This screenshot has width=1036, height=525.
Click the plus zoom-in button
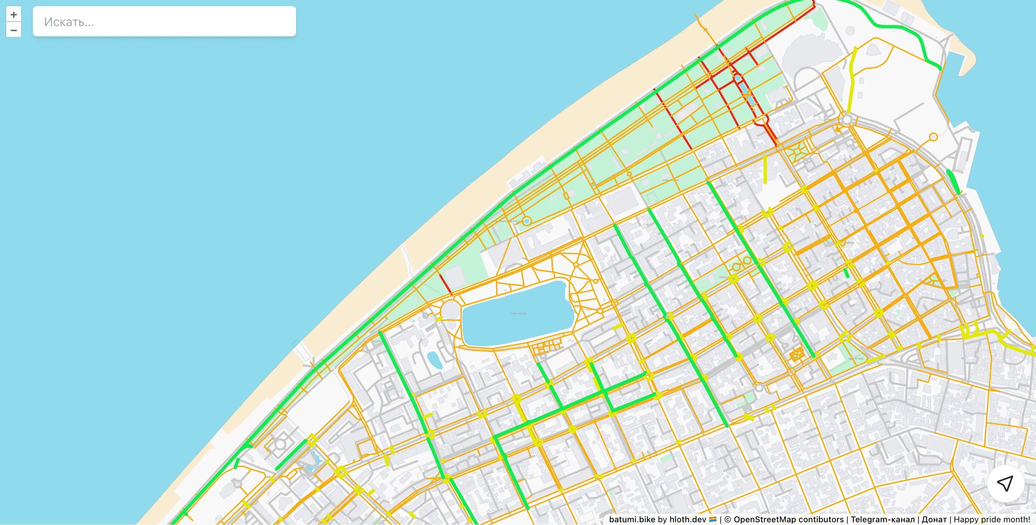[x=14, y=14]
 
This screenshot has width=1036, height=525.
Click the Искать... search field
[x=164, y=22]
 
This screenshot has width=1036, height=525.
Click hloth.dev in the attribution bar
[x=687, y=520]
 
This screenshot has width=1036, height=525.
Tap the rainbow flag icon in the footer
[x=713, y=520]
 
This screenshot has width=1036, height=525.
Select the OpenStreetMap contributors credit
[x=788, y=520]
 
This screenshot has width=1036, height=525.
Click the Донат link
[x=934, y=520]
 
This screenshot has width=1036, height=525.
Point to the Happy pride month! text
[x=992, y=520]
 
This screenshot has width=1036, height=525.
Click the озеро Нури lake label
[x=518, y=313]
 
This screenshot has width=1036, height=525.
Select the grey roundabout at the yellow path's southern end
[x=847, y=120]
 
